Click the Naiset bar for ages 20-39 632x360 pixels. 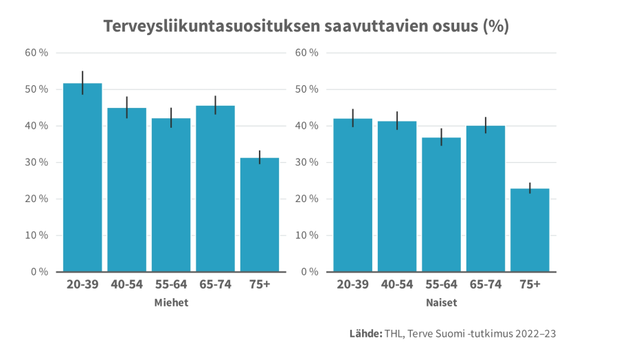[352, 195]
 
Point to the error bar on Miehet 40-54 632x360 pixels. [127, 107]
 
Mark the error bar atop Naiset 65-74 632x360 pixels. [486, 125]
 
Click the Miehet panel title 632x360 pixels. [171, 303]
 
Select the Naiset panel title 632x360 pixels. [441, 303]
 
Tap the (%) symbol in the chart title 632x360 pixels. [495, 27]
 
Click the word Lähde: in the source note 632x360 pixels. [365, 334]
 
